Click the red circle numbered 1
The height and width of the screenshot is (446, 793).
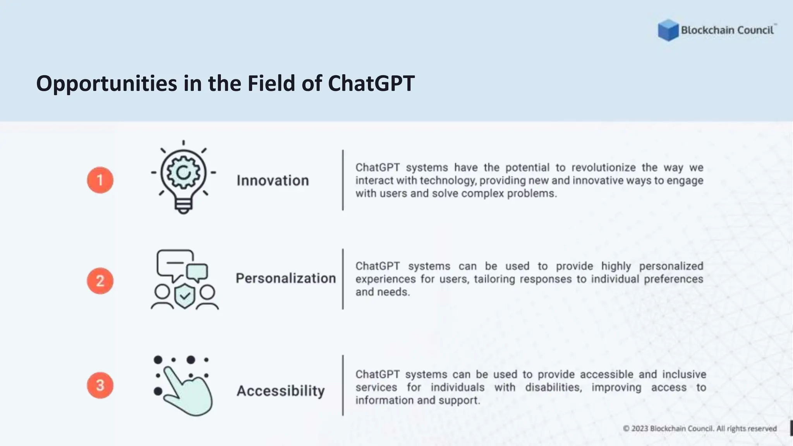pos(100,180)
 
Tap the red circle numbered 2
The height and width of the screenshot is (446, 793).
pos(100,281)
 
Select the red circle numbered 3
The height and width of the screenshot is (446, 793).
pos(100,385)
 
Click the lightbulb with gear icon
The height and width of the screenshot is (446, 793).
pos(184,177)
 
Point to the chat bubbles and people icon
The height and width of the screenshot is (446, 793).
pos(184,279)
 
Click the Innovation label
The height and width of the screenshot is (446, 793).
pos(273,181)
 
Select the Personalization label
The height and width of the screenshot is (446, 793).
pos(286,278)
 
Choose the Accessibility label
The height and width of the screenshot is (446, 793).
pos(281,391)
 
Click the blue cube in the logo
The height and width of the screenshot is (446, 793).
pos(668,30)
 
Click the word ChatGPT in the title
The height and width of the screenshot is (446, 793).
pos(371,83)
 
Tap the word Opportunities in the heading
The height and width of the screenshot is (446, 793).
pos(106,84)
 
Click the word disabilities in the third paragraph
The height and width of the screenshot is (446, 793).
pos(553,388)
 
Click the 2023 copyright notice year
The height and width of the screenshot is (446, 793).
pos(640,429)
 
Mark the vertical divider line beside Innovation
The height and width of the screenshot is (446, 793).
pos(343,180)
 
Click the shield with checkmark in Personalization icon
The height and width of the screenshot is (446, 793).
pos(185,296)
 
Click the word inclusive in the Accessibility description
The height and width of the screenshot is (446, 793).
pos(684,374)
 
